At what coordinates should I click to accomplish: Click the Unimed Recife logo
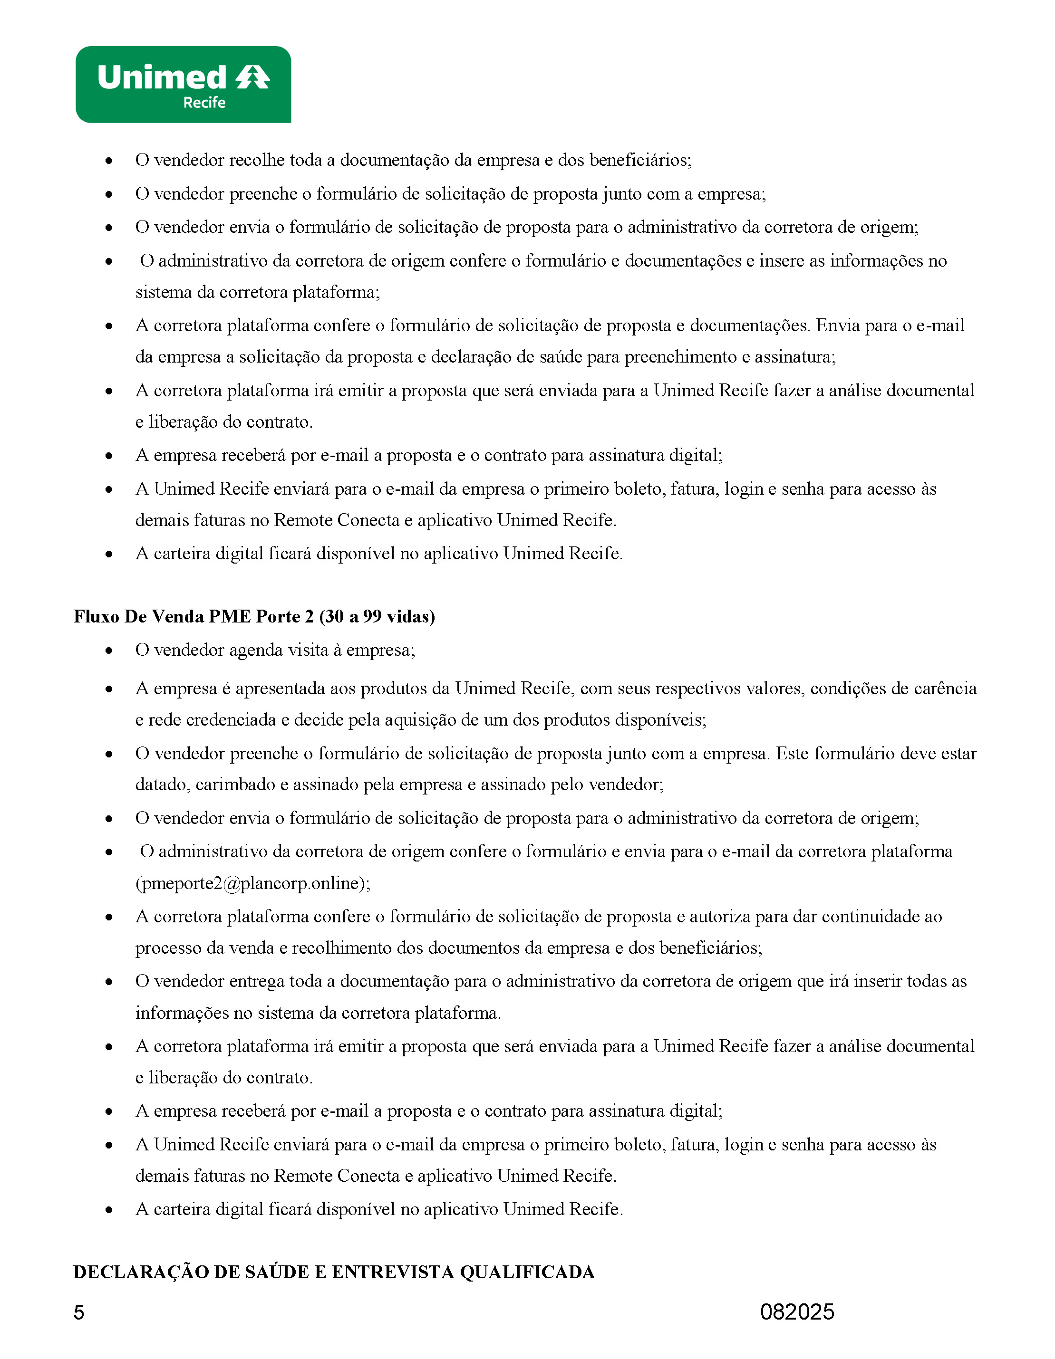[183, 85]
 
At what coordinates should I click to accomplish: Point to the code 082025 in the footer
[797, 1311]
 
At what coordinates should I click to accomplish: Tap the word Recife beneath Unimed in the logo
[204, 103]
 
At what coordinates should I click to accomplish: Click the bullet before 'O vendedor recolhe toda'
[109, 161]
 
